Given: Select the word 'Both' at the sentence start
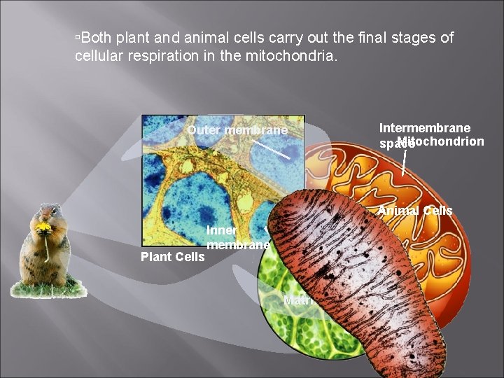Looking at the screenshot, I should pos(97,38).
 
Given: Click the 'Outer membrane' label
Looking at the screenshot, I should pos(237,131).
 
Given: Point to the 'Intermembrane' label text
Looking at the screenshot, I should pos(424,127).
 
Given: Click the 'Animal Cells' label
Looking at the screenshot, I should pos(415,211).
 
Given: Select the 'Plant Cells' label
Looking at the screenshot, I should pos(172,256).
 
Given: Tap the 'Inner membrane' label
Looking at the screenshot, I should pos(237,238).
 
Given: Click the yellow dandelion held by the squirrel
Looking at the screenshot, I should pos(44,227).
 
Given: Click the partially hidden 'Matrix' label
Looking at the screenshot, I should pos(297,301).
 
